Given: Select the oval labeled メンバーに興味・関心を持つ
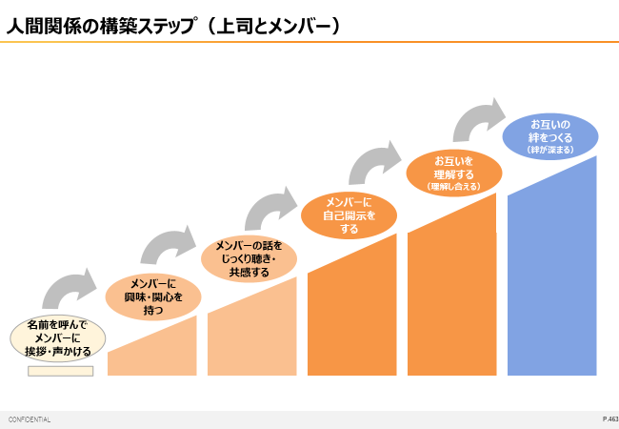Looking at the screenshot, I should (153, 296).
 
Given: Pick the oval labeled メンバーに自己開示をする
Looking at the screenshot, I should (349, 215).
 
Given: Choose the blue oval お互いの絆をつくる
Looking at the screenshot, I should (549, 135).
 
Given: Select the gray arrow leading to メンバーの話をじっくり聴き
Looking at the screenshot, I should (170, 246).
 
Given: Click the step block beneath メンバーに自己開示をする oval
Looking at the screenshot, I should (352, 315).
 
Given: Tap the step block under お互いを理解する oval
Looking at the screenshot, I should (452, 296).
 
